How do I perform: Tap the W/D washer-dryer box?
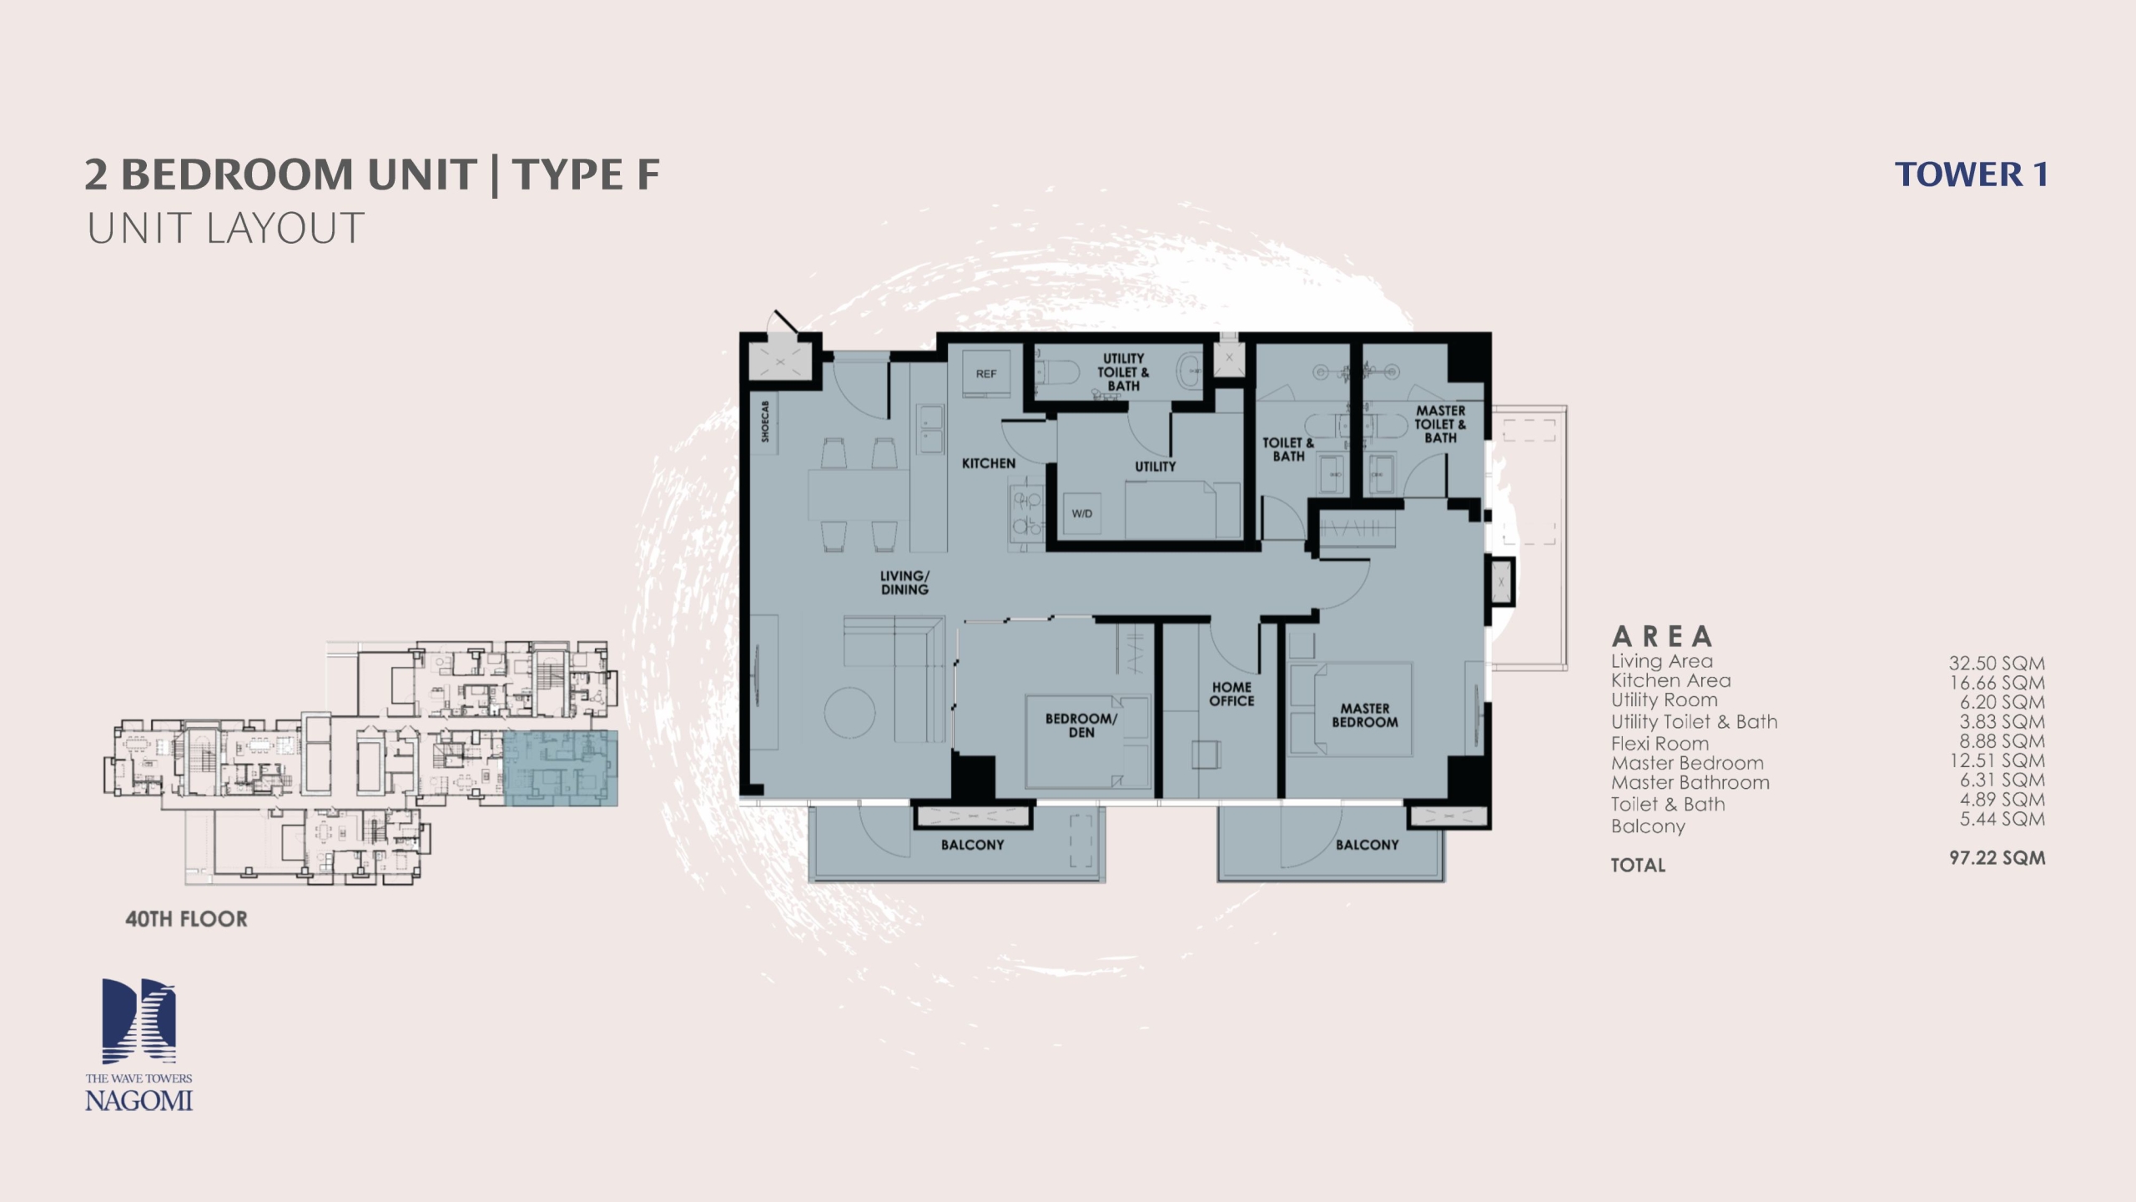point(1082,513)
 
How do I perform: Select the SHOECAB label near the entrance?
point(766,420)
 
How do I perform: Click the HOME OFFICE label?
point(1232,694)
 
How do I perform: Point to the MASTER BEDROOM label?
point(1365,715)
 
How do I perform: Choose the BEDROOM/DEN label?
point(1081,725)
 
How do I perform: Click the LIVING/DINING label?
point(904,583)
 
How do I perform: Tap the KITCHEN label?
point(989,463)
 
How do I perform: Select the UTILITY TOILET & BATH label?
point(1123,372)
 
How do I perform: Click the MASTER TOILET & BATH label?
point(1440,424)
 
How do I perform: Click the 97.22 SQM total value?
point(1997,857)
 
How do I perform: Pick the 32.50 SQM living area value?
point(1997,664)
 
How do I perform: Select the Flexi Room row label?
point(1660,744)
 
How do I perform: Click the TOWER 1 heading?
point(1971,174)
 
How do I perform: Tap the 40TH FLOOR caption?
point(186,919)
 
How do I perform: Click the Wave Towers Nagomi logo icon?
point(139,1021)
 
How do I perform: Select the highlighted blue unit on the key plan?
point(561,768)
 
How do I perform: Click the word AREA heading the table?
point(1662,637)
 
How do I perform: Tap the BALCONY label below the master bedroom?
point(1367,845)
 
